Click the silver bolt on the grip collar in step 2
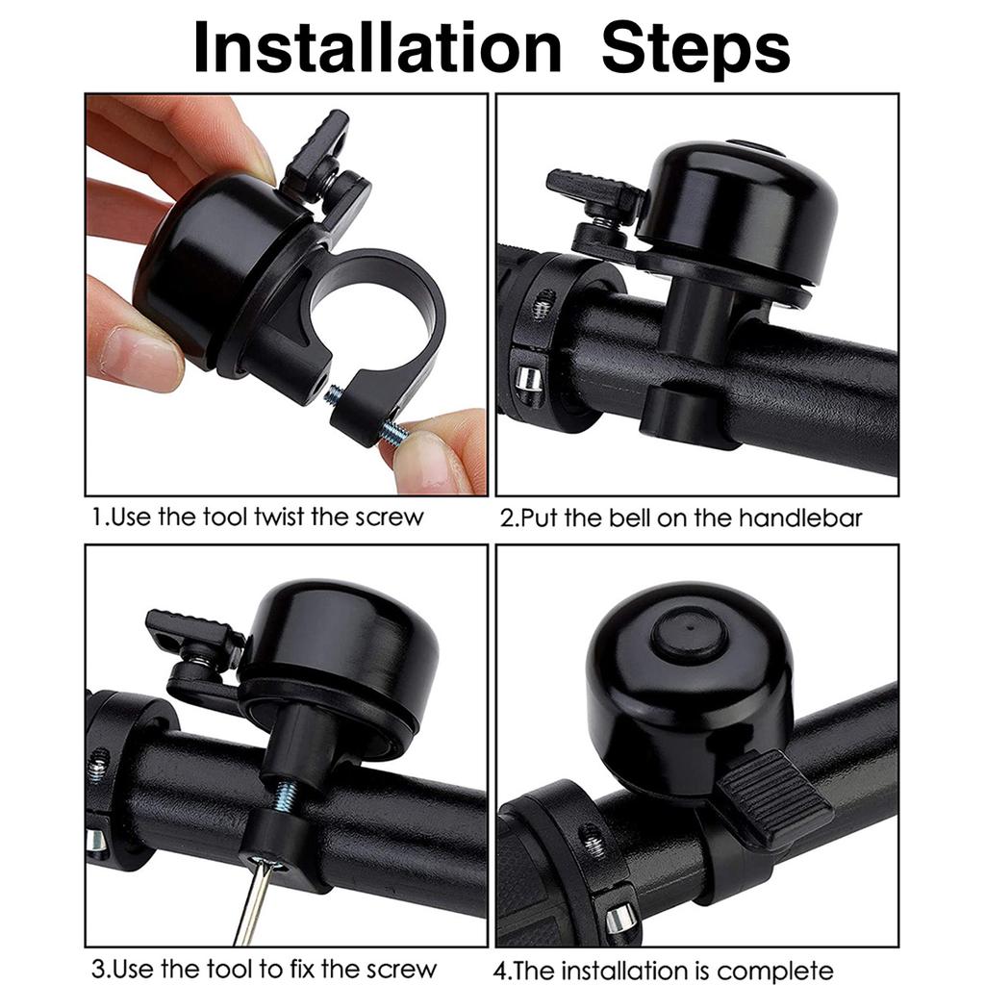click(528, 378)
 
